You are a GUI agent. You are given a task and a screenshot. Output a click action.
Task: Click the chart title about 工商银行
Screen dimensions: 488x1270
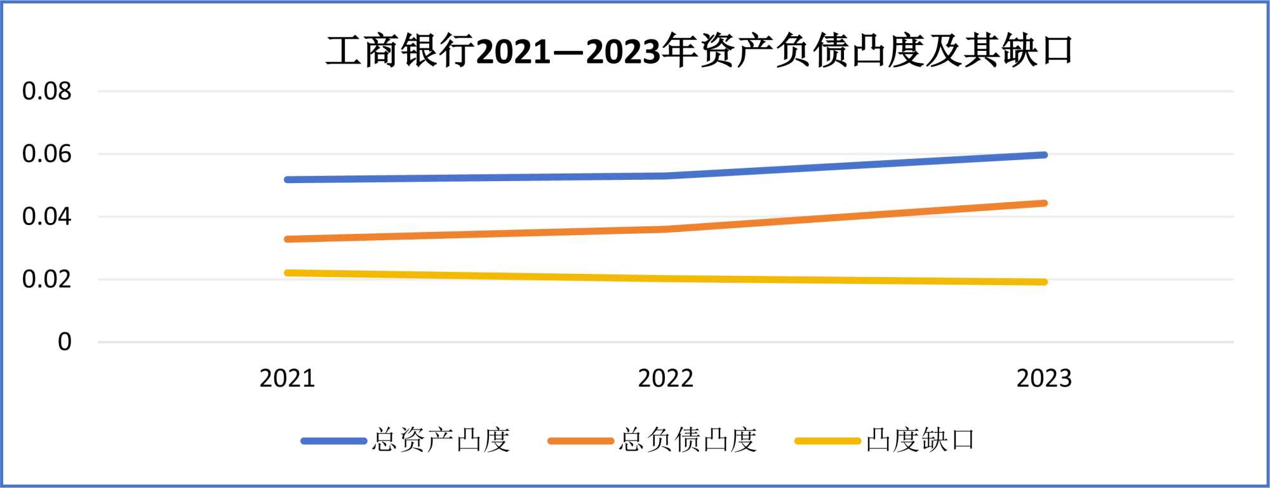pos(698,51)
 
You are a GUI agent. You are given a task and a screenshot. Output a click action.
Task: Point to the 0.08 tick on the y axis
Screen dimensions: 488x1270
pos(47,91)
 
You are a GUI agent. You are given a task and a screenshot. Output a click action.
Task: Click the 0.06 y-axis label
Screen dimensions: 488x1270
pos(47,154)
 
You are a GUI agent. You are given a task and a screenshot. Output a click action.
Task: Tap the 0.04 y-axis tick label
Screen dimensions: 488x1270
pos(47,217)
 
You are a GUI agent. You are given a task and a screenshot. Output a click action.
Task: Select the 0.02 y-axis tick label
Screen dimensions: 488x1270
pos(47,280)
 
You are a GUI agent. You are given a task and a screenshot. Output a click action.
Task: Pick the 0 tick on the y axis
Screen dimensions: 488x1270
pos(65,342)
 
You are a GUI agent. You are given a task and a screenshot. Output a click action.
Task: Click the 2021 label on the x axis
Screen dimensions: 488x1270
pos(287,379)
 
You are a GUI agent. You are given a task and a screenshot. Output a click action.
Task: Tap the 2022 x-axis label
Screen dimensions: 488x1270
pos(665,379)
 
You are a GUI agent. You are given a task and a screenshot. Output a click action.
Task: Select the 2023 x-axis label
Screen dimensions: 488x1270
pos(1044,379)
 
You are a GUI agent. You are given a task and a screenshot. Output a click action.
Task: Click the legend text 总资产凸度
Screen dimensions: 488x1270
pos(441,440)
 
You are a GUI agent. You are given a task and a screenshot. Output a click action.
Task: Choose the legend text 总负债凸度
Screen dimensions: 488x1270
pos(688,440)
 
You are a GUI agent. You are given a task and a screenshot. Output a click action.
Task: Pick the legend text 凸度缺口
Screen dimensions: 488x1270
pos(921,440)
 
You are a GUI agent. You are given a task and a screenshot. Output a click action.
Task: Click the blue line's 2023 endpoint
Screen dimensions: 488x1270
pos(1044,155)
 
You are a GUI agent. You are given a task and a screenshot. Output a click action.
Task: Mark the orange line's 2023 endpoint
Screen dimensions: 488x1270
pos(1044,203)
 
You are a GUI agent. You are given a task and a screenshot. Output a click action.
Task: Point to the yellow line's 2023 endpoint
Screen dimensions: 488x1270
pos(1044,281)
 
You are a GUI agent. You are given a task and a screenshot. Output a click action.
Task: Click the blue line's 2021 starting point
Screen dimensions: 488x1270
pos(288,180)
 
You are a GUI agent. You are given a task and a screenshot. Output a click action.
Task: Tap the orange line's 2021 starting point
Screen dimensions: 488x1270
pos(288,239)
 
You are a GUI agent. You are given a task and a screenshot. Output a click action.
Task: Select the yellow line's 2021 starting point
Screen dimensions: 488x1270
pos(288,273)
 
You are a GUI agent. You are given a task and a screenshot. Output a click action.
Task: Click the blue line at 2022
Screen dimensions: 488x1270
pos(665,175)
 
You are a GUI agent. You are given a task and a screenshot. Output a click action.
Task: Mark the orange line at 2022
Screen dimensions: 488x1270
pos(665,229)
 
